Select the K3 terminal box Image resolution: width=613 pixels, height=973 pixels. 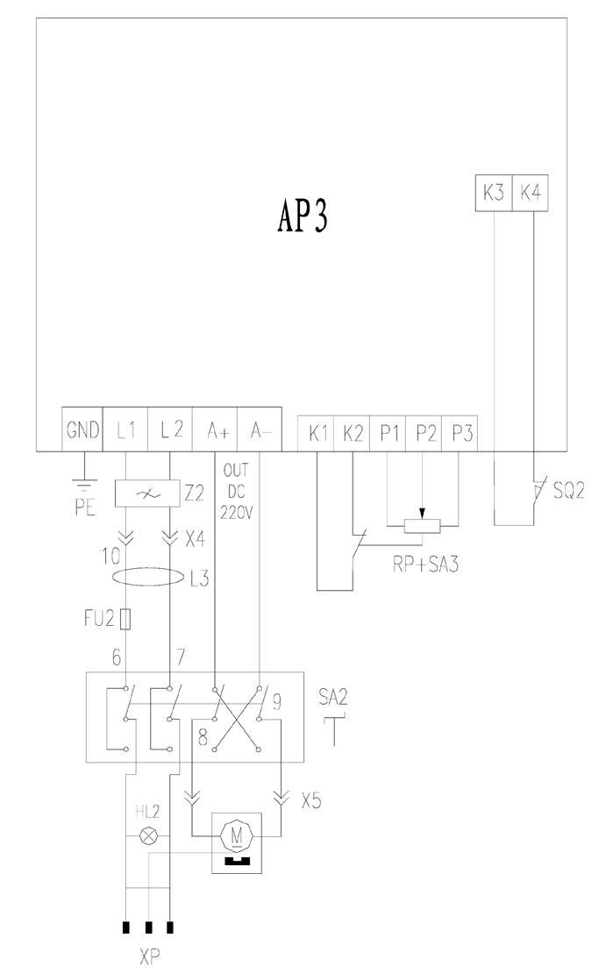pyautogui.click(x=494, y=193)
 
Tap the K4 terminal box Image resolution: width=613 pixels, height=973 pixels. pyautogui.click(x=531, y=193)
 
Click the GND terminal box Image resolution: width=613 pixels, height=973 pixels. pyautogui.click(x=83, y=430)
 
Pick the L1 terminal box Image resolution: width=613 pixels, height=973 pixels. pyautogui.click(x=125, y=430)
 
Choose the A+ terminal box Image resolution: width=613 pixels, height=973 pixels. pyautogui.click(x=216, y=430)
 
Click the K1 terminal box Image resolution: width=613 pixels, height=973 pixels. pyautogui.click(x=317, y=432)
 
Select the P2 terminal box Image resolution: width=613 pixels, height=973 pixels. pyautogui.click(x=424, y=432)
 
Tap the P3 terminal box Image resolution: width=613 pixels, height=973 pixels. pyautogui.click(x=460, y=432)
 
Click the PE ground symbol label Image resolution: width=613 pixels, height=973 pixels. pyautogui.click(x=84, y=507)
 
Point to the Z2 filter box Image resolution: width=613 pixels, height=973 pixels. pyautogui.click(x=147, y=494)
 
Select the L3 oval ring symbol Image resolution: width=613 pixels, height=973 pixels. pyautogui.click(x=148, y=579)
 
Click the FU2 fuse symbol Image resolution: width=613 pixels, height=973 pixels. pyautogui.click(x=127, y=621)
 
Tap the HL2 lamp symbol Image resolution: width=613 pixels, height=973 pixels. pyautogui.click(x=149, y=836)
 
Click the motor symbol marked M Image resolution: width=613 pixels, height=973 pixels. pyautogui.click(x=235, y=835)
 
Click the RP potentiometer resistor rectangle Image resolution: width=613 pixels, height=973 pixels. pyautogui.click(x=423, y=527)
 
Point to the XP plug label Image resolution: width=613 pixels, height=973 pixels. pyautogui.click(x=149, y=956)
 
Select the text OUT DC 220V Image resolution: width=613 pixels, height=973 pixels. pyautogui.click(x=237, y=492)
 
